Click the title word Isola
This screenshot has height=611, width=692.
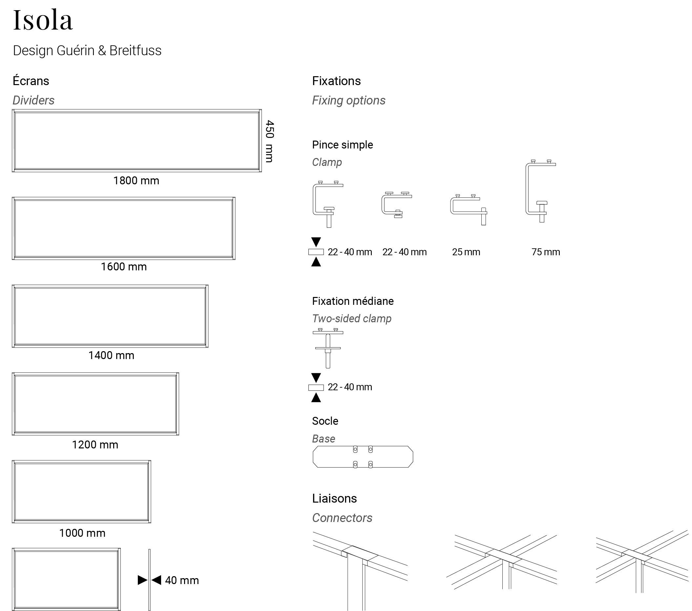tap(43, 20)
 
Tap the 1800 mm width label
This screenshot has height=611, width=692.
tap(136, 181)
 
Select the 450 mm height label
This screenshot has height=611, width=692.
tap(269, 141)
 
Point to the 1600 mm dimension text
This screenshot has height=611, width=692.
tap(124, 267)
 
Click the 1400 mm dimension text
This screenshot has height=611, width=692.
tap(111, 355)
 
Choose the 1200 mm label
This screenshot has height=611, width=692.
tap(95, 444)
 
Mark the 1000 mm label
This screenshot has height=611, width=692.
tap(82, 533)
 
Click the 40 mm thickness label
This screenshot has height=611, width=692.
tap(182, 580)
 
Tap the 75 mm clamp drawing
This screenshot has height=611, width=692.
tap(540, 191)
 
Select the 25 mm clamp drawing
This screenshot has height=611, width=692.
tap(468, 210)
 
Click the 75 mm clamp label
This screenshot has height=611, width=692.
tap(545, 252)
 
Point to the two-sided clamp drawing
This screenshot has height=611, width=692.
tap(328, 348)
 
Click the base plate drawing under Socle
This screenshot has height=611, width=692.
tap(363, 457)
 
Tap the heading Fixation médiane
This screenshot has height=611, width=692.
tap(353, 301)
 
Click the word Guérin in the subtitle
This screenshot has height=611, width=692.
tap(75, 51)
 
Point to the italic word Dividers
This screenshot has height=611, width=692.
tap(33, 100)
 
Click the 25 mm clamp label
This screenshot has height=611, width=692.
tap(466, 252)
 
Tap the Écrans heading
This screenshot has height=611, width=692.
tap(31, 81)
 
